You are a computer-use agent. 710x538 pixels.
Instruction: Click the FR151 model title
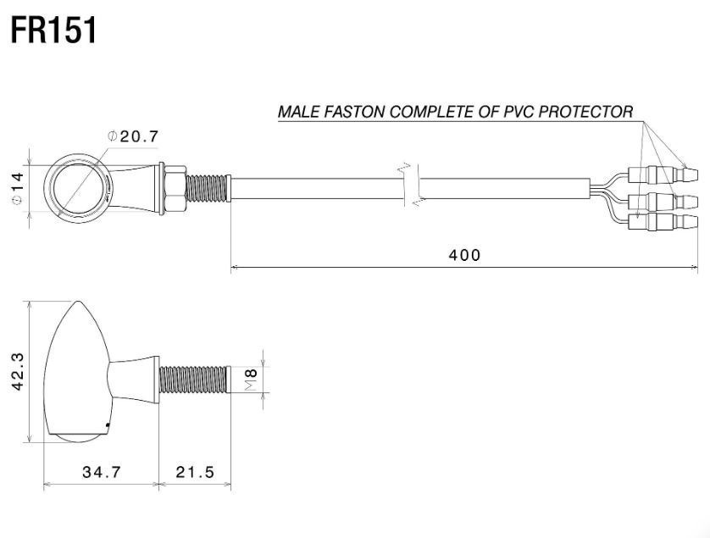[53, 31]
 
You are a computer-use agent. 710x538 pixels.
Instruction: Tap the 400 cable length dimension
[464, 255]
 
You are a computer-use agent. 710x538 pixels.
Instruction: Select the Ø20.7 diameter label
[134, 136]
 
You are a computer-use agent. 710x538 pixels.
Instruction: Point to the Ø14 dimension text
[17, 188]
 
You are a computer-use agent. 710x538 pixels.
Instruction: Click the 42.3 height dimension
[19, 372]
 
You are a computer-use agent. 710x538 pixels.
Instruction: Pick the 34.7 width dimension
[102, 472]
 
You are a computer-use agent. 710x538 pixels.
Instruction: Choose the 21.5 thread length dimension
[195, 472]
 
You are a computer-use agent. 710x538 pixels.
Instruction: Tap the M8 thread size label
[251, 380]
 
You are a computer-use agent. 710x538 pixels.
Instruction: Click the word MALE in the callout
[298, 111]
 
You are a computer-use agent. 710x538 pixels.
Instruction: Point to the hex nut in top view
[175, 188]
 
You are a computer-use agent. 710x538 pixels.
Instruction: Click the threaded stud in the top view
[208, 188]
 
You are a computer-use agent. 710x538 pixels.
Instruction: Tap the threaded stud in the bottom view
[195, 380]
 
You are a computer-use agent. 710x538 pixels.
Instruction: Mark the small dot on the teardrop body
[107, 425]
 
